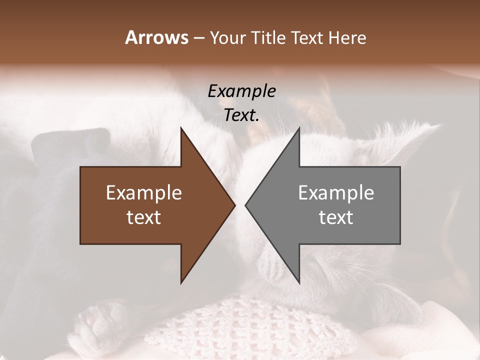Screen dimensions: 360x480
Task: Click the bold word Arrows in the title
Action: [x=156, y=37]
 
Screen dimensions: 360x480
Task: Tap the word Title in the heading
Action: [x=268, y=37]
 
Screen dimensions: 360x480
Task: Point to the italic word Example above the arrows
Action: [x=241, y=91]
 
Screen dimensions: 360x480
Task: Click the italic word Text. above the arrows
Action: [x=241, y=115]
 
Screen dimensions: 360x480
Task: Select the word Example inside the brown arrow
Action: [x=144, y=193]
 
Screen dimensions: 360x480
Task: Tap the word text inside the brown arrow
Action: [x=144, y=217]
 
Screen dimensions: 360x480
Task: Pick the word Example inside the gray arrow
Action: [x=336, y=193]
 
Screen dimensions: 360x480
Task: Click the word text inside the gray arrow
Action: [x=336, y=217]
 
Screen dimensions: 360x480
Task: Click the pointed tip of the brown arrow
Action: [x=234, y=205]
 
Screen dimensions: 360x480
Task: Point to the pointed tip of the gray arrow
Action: [x=246, y=205]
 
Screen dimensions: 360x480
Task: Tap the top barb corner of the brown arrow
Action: [x=181, y=128]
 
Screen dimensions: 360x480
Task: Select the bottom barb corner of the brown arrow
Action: [x=181, y=282]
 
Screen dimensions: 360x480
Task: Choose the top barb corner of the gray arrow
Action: [x=299, y=128]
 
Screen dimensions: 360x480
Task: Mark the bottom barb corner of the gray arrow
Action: [x=299, y=282]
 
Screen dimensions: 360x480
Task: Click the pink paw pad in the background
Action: [x=92, y=318]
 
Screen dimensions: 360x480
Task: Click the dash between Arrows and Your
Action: [x=198, y=38]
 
